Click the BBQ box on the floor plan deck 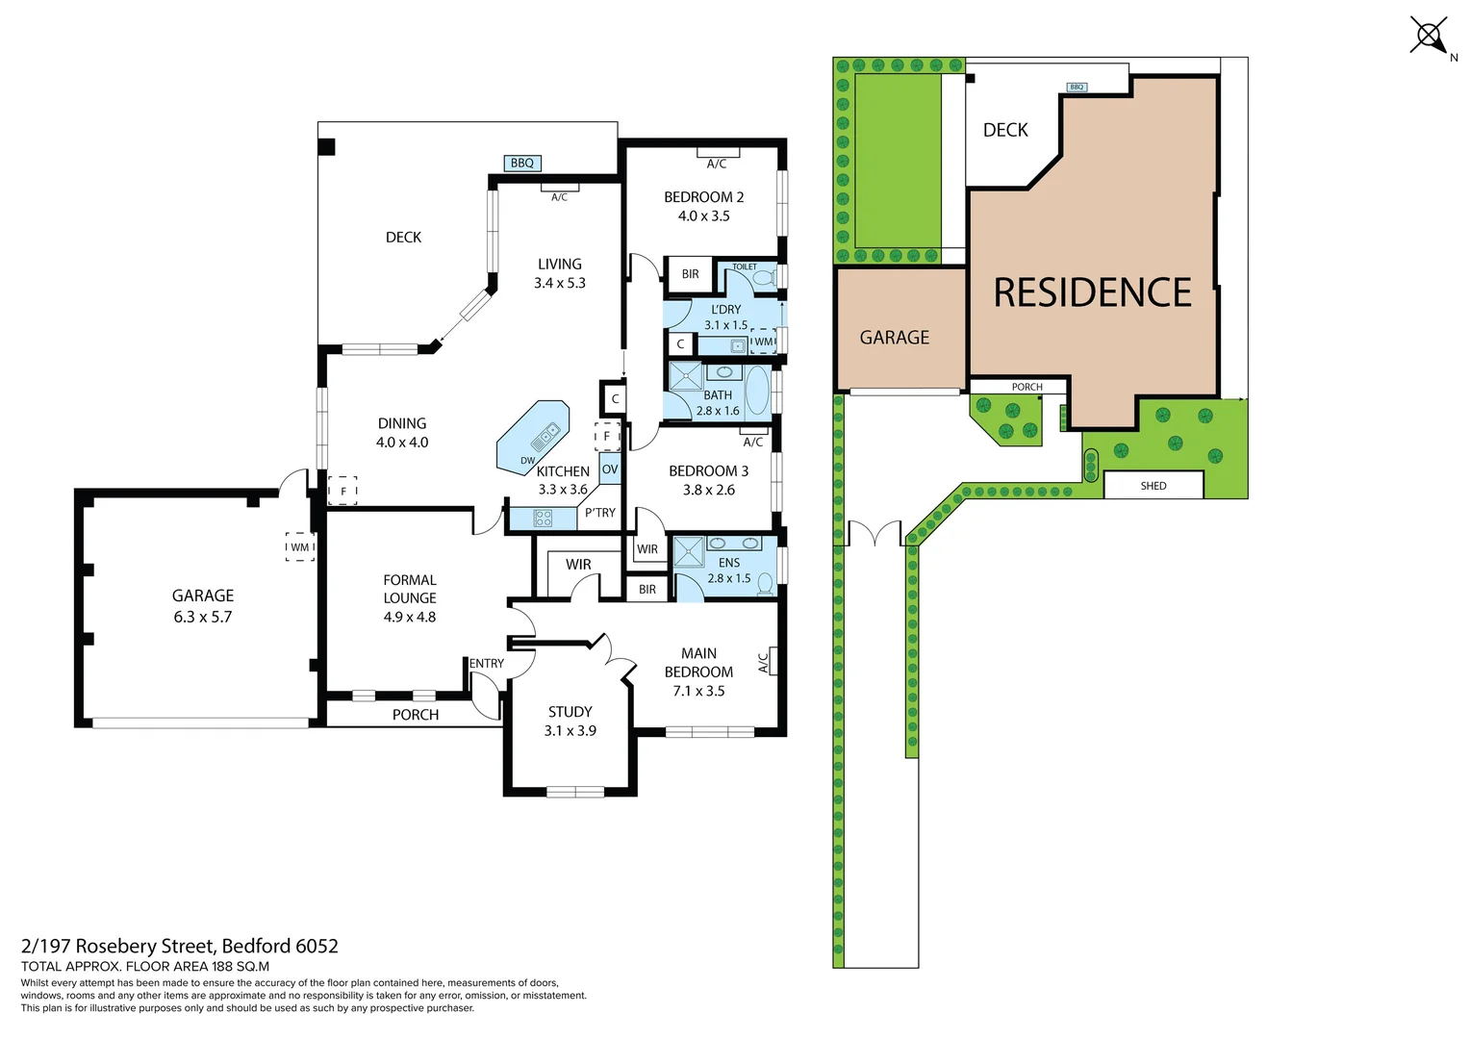coord(522,164)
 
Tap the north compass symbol coord(1431,38)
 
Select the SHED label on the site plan coord(1153,486)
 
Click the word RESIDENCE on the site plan coord(1092,292)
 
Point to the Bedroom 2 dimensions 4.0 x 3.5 coord(703,216)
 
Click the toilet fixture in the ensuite coord(766,582)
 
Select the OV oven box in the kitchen coord(610,469)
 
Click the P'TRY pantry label coord(600,513)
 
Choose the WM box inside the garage coord(300,547)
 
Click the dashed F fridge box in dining coord(342,491)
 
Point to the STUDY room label coord(570,712)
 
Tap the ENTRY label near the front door coord(487,664)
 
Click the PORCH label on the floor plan coord(415,715)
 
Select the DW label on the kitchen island coord(527,461)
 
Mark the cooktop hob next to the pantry coord(544,519)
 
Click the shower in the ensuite coord(689,553)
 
